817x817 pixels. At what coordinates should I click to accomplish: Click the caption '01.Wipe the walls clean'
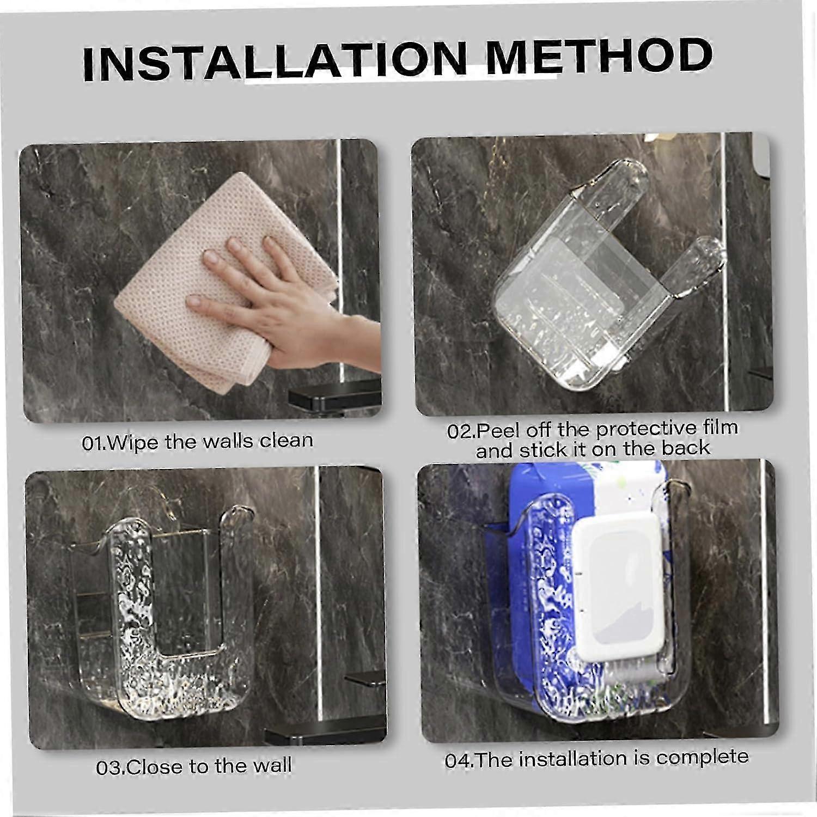(198, 441)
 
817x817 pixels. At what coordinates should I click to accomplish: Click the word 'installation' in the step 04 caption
(569, 759)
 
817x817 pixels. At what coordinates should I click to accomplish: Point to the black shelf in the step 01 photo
(333, 396)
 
